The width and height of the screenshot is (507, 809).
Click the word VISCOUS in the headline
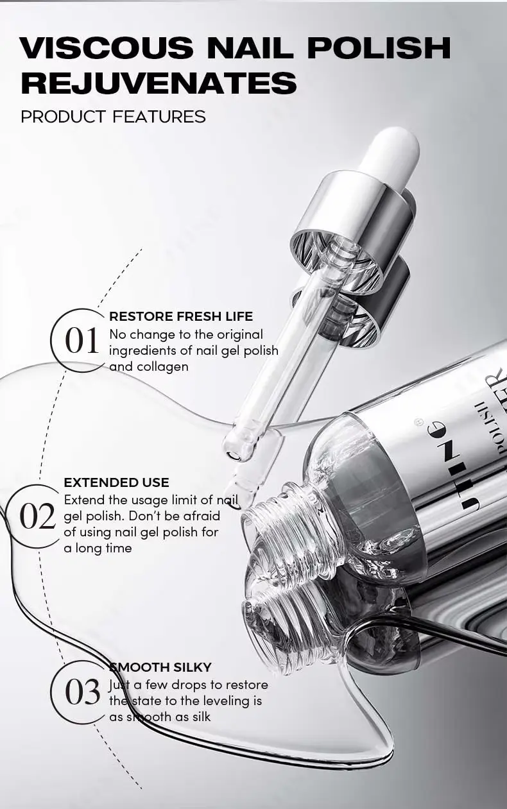pos(107,47)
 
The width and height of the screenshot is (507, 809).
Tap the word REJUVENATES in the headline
pos(159,83)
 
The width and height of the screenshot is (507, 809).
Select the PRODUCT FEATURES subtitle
pos(114,117)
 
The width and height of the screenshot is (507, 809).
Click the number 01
pos(82,340)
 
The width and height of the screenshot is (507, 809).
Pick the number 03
pos(82,691)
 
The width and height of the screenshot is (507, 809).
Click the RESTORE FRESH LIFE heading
pos(181,316)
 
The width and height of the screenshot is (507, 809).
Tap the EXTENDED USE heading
pos(116,482)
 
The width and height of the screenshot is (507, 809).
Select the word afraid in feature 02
pos(202,515)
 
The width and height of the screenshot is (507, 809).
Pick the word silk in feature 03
pos(202,717)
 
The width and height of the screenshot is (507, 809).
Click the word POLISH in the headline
pos(381,47)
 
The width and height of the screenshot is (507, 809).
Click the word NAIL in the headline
pos(252,47)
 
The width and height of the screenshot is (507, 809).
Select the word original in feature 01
pos(240,336)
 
